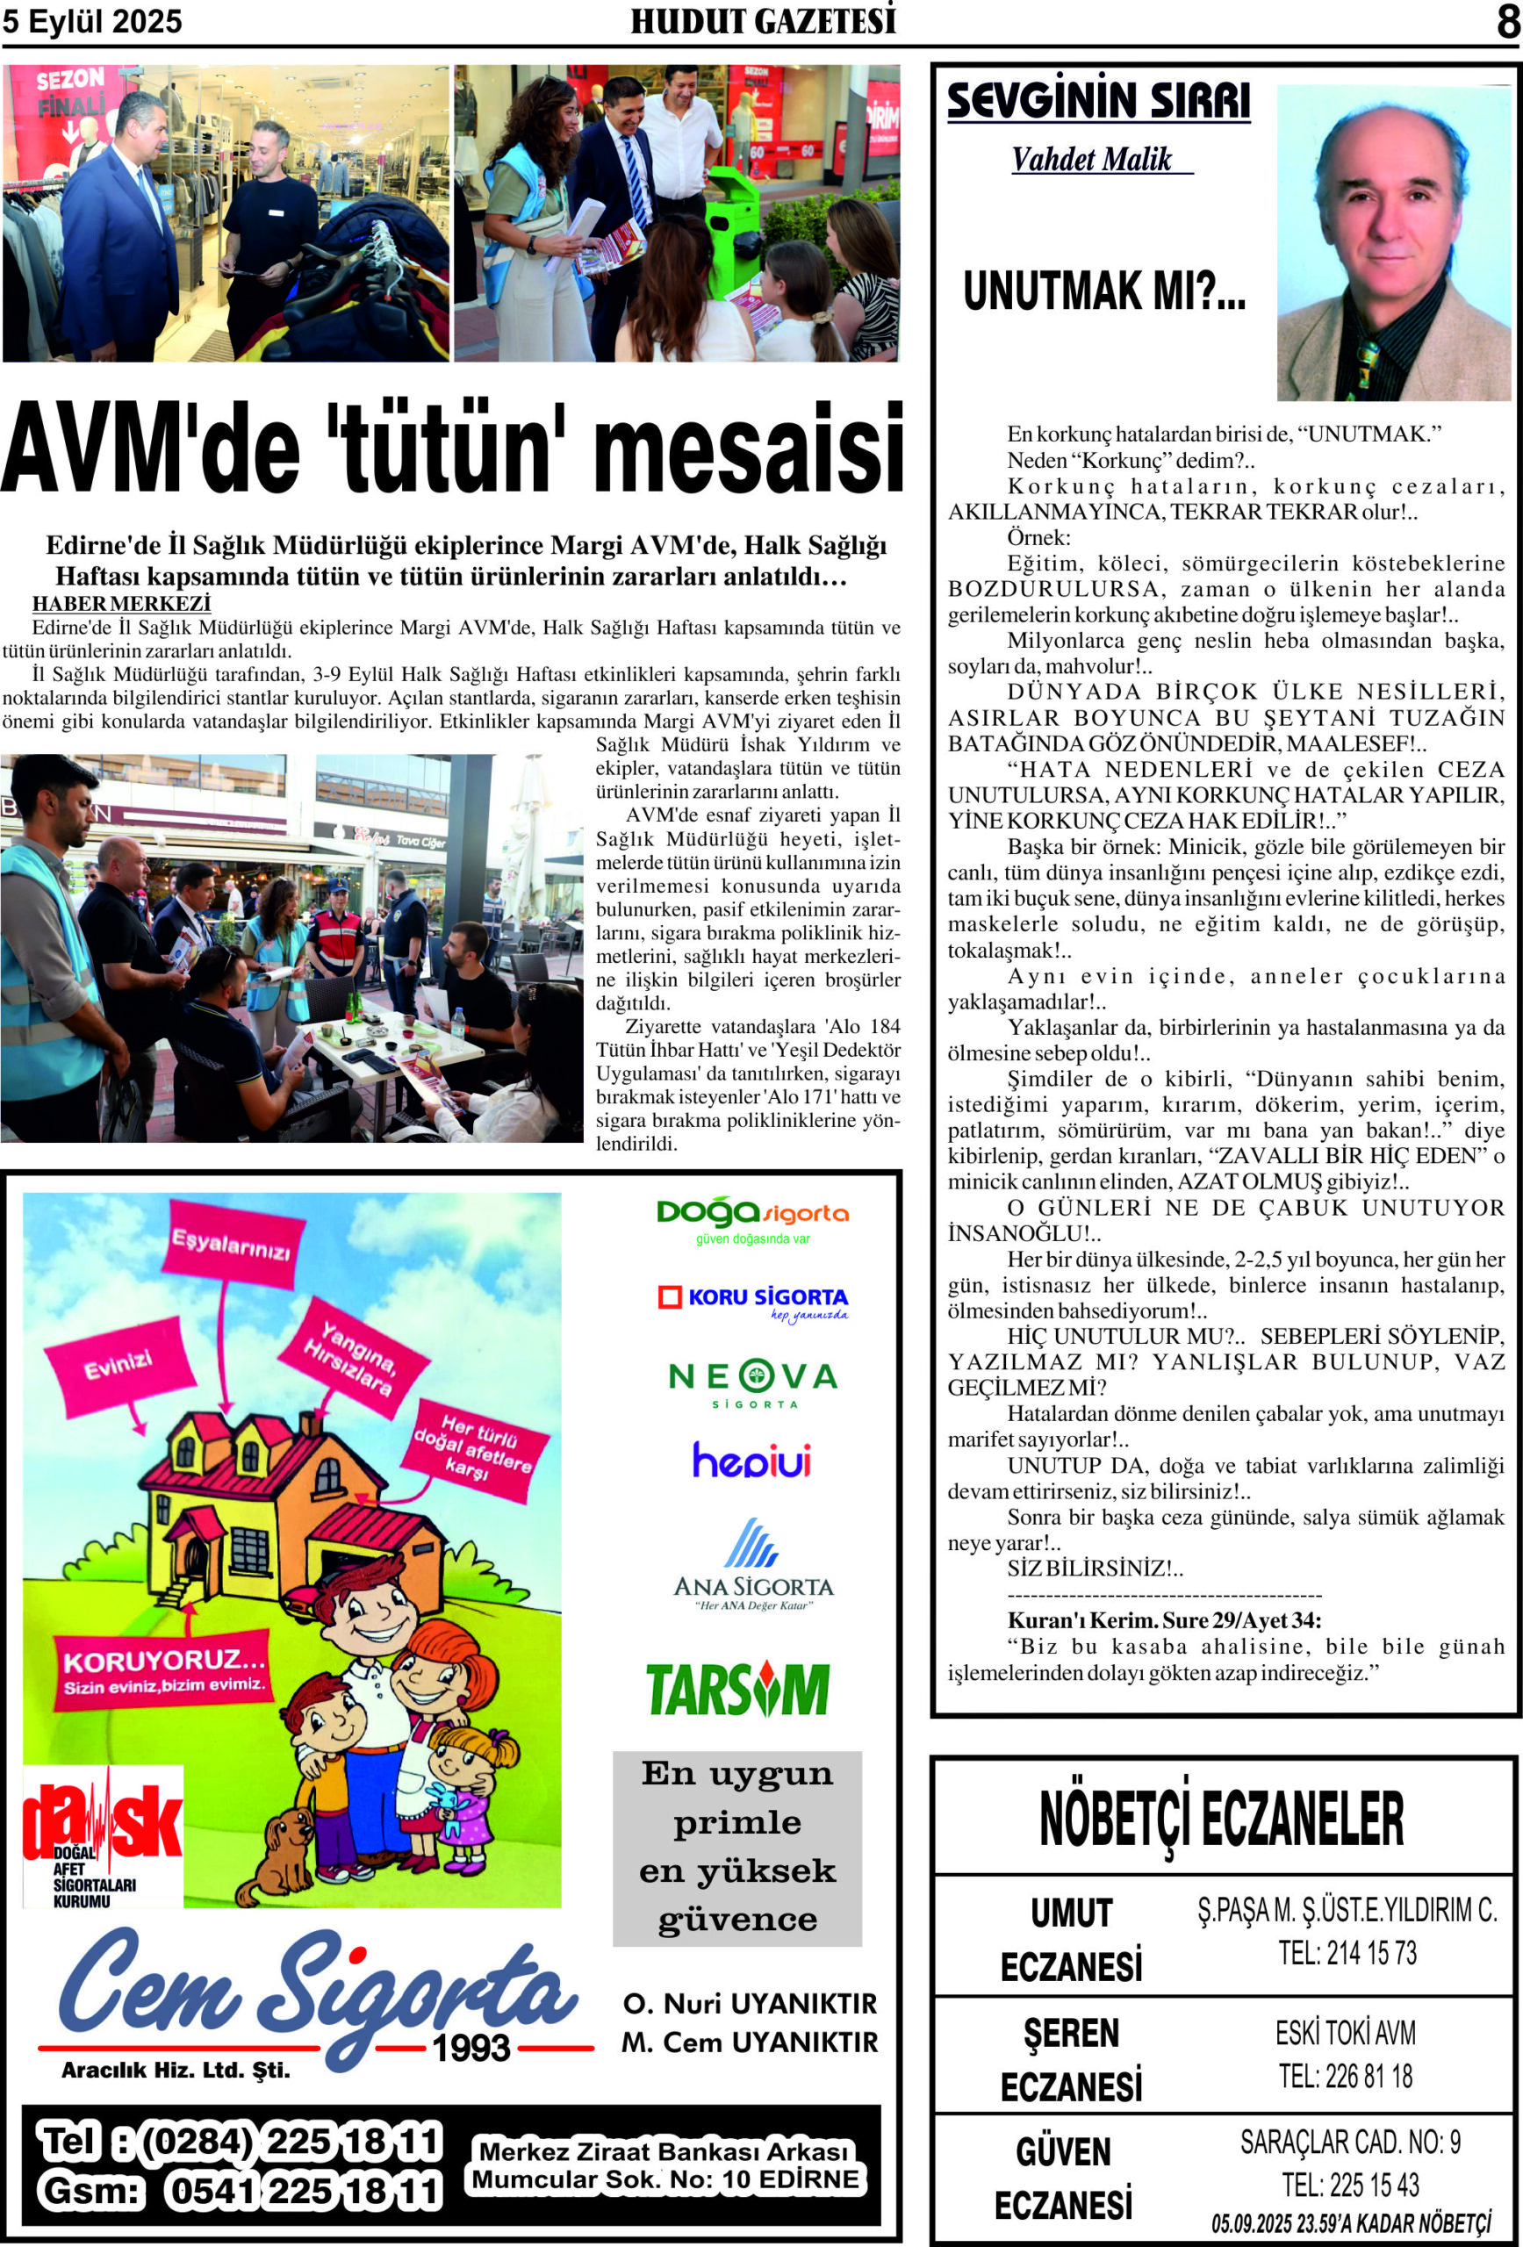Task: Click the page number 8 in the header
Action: click(1507, 21)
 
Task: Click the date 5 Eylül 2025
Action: click(92, 21)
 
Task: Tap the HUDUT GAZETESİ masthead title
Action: click(763, 21)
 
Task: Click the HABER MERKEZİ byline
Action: click(122, 603)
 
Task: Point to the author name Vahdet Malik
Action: click(1092, 160)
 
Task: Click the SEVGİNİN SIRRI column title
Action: click(1098, 102)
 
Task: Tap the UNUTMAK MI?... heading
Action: click(1104, 290)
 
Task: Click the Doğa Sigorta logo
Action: click(752, 1220)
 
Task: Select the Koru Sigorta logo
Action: click(752, 1302)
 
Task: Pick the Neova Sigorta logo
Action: click(752, 1382)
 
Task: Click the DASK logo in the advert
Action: click(102, 1835)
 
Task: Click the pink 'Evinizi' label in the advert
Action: click(118, 1365)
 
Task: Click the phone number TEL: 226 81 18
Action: click(1345, 2076)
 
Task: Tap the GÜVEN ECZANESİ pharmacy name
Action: click(1064, 2179)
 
